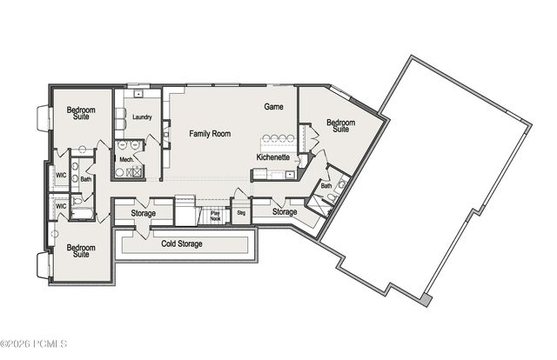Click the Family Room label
210,134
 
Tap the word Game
274,106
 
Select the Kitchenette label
272,157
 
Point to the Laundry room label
142,117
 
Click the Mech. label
126,160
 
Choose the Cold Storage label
182,243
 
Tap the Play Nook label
216,216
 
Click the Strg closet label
241,212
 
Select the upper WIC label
61,175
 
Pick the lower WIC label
61,206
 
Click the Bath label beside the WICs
86,180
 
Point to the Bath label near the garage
325,185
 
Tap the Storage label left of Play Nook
144,213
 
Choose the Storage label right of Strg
285,212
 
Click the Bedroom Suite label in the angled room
340,126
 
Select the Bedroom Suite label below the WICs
80,251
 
